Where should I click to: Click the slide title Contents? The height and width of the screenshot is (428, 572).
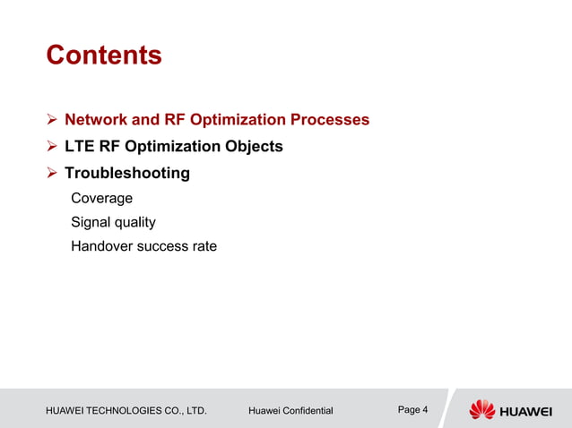pos(103,56)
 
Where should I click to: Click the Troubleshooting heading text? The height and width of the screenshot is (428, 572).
pos(126,173)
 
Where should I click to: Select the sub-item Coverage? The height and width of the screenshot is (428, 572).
pos(101,198)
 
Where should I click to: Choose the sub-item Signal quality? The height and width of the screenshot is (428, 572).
pos(113,222)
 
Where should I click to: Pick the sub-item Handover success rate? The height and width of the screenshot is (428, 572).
pos(143,246)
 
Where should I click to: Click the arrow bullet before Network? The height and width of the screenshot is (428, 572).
pos(52,120)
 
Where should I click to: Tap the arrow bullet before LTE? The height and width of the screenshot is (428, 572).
pos(52,147)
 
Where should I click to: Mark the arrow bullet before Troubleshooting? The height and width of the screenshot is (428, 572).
pos(52,174)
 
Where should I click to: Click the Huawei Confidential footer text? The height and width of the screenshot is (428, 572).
pos(290,411)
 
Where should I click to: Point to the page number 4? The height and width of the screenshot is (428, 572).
pos(424,410)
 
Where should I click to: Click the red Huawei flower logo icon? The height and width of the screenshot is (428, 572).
pos(481,409)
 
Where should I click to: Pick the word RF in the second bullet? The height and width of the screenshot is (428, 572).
pos(110,146)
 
